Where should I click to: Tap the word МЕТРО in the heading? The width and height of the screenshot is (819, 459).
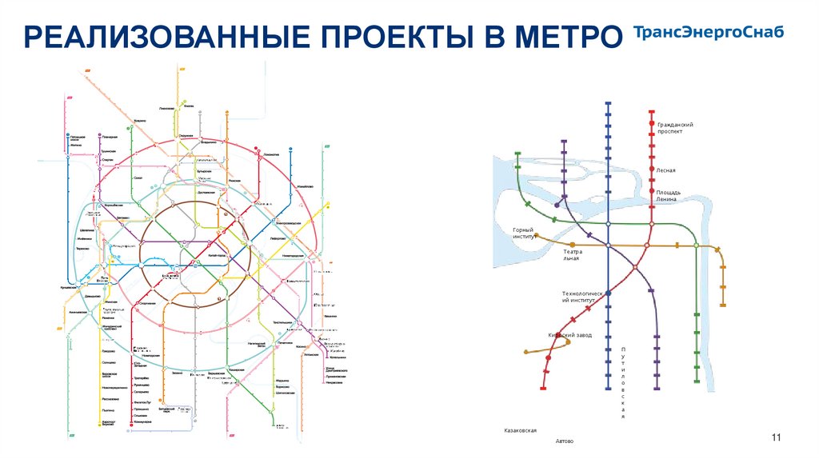(x=563, y=38)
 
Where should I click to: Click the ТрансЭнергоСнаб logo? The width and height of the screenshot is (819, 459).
(x=708, y=33)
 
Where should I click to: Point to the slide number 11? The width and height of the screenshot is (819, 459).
(x=775, y=436)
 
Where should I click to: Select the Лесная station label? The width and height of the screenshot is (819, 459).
(x=666, y=170)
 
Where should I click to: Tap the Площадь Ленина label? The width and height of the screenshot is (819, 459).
(x=669, y=196)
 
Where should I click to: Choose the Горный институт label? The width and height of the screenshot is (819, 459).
(x=523, y=233)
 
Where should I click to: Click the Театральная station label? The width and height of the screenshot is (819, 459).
(x=573, y=255)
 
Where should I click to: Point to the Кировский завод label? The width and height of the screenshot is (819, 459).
(x=569, y=335)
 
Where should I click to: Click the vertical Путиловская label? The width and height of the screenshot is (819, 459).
(x=622, y=383)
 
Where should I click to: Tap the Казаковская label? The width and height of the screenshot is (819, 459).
(x=520, y=430)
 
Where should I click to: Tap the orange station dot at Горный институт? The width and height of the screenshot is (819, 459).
(x=537, y=236)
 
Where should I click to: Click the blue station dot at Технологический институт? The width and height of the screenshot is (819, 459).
(x=609, y=293)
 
